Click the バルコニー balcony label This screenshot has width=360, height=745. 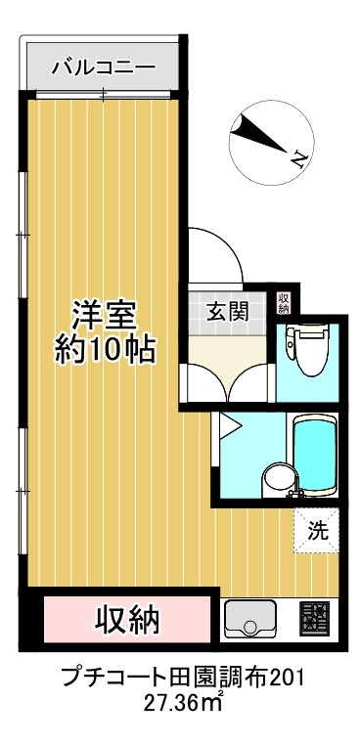pyautogui.click(x=103, y=67)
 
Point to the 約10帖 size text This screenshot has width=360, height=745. pyautogui.click(x=106, y=349)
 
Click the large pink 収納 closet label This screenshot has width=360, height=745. pyautogui.click(x=126, y=619)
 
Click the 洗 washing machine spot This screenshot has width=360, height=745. pyautogui.click(x=319, y=533)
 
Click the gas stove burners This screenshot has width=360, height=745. pyautogui.click(x=316, y=619)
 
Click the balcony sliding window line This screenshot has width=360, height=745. pyautogui.click(x=103, y=94)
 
